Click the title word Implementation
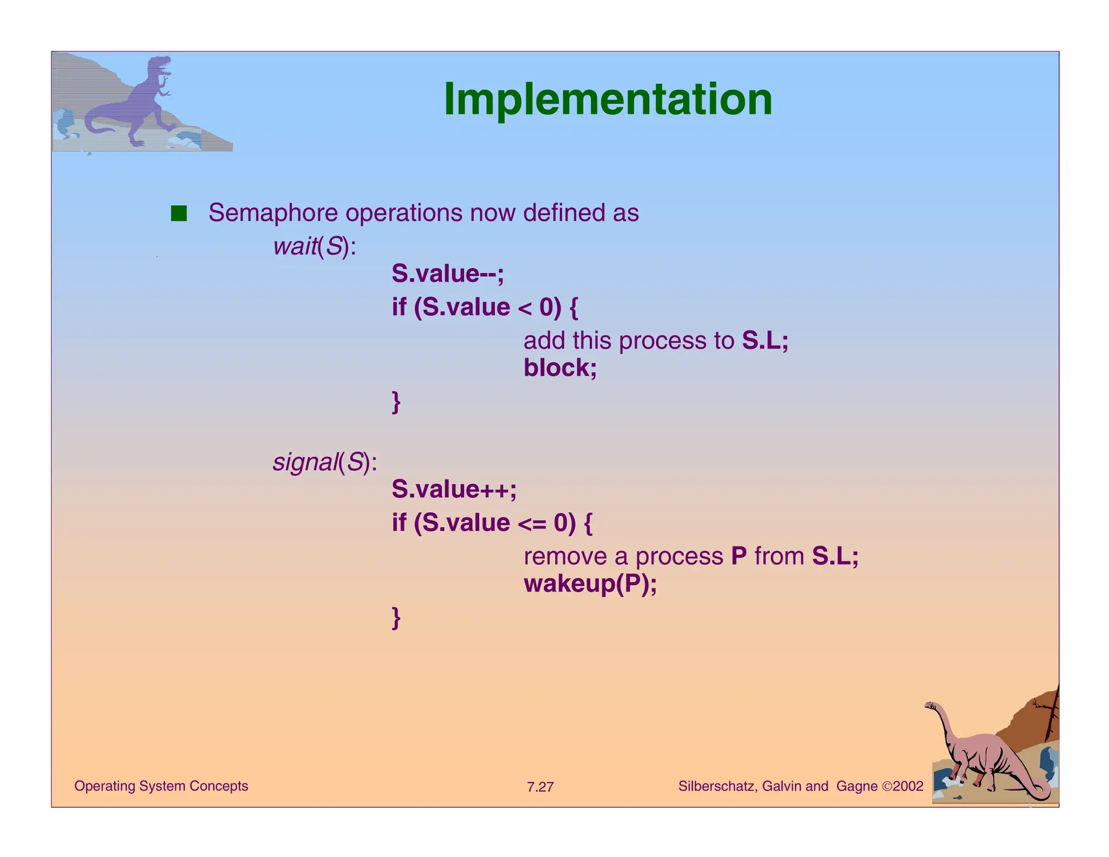pos(608,100)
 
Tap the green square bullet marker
pos(179,213)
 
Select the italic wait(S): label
pos(315,246)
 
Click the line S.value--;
pos(448,274)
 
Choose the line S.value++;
pos(454,489)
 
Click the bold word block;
pos(560,368)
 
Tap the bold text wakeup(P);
pos(590,584)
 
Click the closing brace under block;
pos(396,402)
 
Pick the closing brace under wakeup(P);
pos(396,618)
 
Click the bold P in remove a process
pos(739,556)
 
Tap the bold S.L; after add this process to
pos(765,341)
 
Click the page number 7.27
pos(540,787)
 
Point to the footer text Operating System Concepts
pos(161,786)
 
